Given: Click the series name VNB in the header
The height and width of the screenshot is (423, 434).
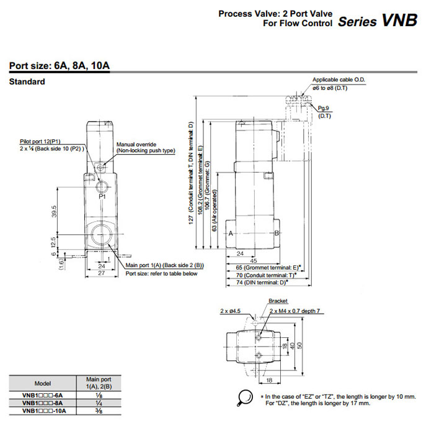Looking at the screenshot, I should tap(399, 20).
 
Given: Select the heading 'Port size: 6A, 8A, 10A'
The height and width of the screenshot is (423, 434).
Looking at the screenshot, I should tap(60, 66).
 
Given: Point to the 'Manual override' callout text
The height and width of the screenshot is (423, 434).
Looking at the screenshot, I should tap(136, 144).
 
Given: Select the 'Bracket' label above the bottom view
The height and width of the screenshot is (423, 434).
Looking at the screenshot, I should tap(278, 301).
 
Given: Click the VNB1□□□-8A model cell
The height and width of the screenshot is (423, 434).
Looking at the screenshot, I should tap(43, 402).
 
